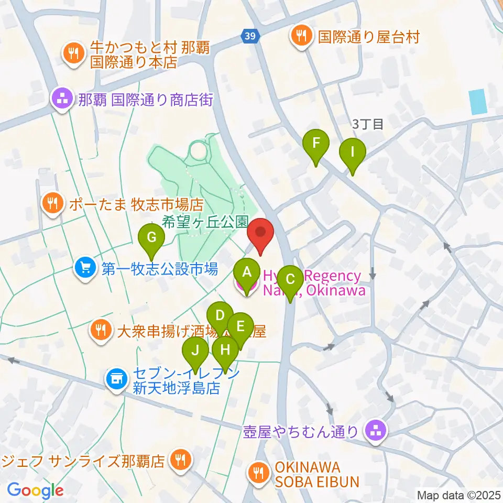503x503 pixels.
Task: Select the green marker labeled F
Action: click(x=316, y=143)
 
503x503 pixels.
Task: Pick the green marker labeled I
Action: click(x=352, y=152)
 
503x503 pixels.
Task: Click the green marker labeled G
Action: click(x=151, y=238)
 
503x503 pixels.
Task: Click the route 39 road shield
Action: click(x=249, y=36)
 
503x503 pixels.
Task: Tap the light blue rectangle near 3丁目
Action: click(x=478, y=102)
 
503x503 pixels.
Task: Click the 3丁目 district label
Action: click(x=368, y=124)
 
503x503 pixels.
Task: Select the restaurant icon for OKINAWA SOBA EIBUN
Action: click(x=258, y=474)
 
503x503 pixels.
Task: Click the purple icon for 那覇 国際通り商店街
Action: click(x=62, y=99)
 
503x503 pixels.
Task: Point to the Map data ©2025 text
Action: click(x=458, y=495)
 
